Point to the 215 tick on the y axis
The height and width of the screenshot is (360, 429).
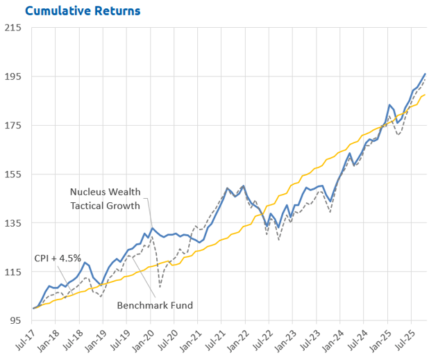tap(13, 28)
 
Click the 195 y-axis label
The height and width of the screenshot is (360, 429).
tap(13, 76)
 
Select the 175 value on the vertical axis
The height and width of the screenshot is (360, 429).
tap(13, 126)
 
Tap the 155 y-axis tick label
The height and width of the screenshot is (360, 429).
tap(13, 174)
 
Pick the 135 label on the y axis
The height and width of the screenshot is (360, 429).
tap(13, 223)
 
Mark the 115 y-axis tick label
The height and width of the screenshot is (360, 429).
tap(13, 272)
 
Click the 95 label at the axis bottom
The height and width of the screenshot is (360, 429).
tap(15, 321)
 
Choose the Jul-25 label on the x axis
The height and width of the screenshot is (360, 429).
tap(405, 338)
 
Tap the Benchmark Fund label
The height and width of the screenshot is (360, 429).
tap(154, 304)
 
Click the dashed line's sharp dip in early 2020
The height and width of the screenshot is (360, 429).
tap(160, 287)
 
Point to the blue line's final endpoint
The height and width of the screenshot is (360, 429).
tap(425, 74)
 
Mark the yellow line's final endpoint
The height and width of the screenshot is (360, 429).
tap(425, 95)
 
